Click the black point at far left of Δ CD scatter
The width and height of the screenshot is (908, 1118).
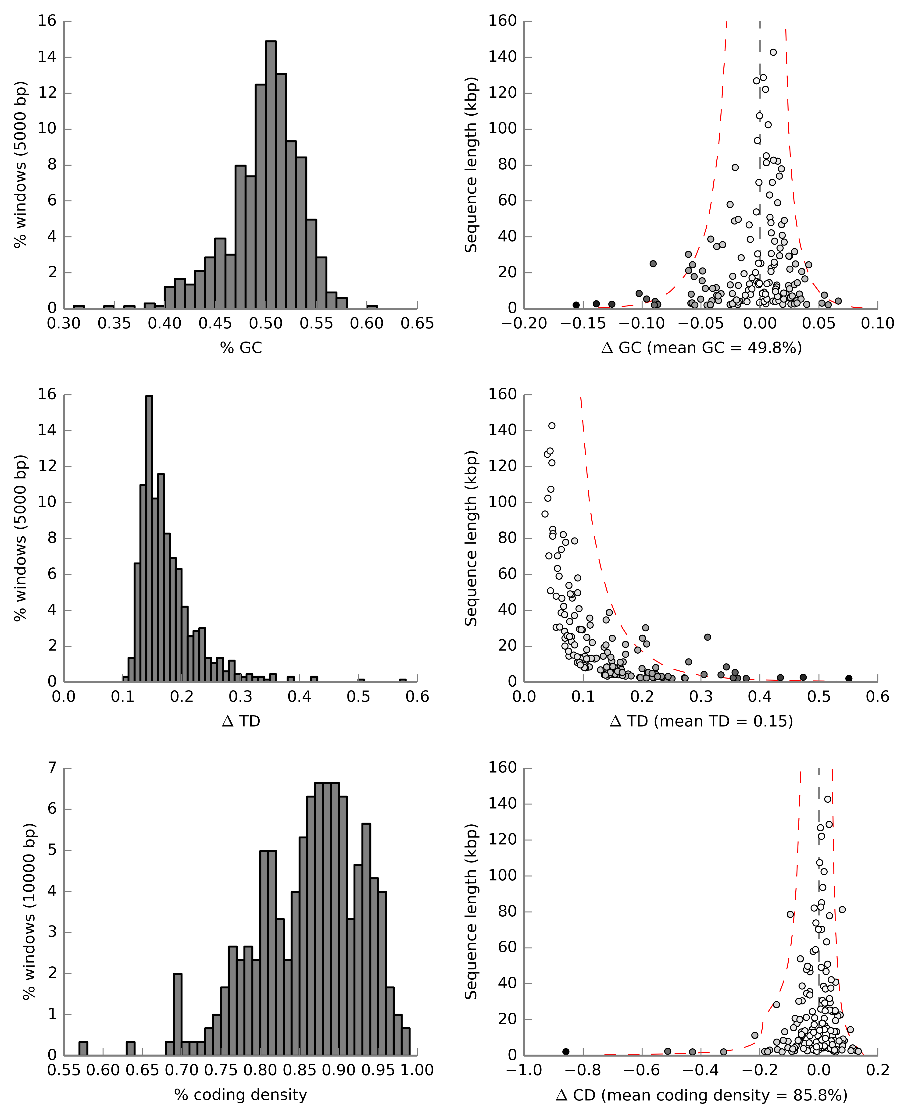pos(565,1052)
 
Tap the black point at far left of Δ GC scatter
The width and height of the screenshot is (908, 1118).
pos(576,305)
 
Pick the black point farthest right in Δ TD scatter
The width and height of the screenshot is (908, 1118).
pos(849,678)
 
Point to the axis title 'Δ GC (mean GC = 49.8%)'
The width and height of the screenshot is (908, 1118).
pos(701,348)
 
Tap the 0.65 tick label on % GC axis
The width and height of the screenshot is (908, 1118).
pos(417,324)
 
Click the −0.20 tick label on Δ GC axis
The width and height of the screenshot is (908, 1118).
pos(524,324)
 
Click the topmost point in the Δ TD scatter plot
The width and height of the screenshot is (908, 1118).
pos(552,426)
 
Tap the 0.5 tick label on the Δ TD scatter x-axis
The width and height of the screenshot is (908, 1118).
pos(819,697)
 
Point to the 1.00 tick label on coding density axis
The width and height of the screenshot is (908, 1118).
pos(417,1070)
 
